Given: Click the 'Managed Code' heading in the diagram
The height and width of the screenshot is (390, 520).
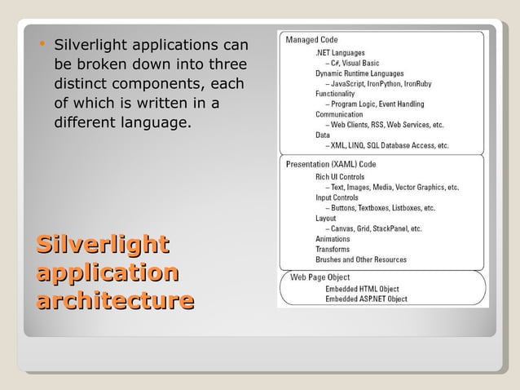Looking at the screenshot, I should click(x=312, y=39).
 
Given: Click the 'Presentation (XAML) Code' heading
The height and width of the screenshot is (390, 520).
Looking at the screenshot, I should click(x=331, y=164).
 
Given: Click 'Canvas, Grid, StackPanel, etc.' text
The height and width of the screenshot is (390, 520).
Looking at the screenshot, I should click(x=377, y=228).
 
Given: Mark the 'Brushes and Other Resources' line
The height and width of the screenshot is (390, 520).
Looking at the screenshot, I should click(x=361, y=259).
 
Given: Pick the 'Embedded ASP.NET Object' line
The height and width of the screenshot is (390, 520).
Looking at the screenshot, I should click(x=366, y=299).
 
